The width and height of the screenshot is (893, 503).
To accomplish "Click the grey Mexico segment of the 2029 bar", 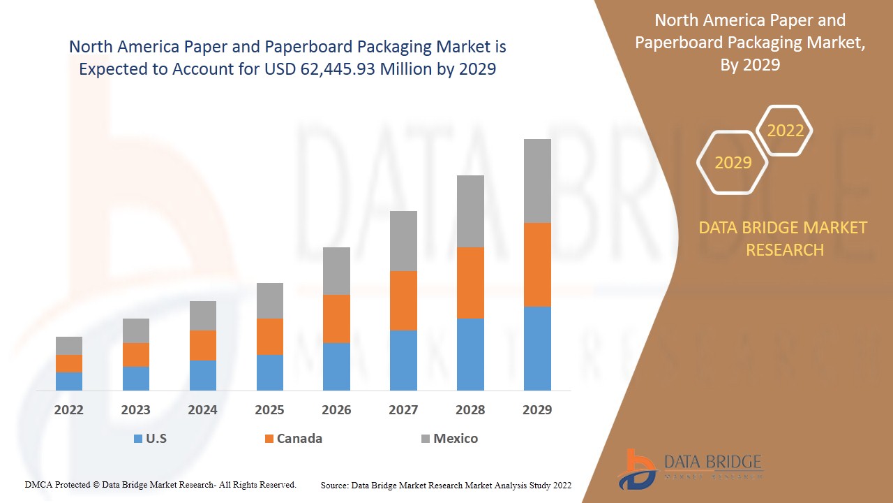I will (537, 181).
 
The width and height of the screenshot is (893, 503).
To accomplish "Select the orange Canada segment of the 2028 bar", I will (470, 283).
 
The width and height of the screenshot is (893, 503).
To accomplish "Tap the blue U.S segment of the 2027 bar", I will (403, 360).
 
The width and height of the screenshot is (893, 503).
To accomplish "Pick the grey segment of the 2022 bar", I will (69, 346).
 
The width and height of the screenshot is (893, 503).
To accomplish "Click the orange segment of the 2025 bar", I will (270, 337).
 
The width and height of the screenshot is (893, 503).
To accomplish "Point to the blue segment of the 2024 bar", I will (203, 375).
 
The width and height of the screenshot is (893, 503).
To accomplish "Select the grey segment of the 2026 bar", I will (336, 271).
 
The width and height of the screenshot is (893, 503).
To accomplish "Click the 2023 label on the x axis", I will (135, 410).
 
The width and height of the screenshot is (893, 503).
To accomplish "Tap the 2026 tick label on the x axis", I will (336, 410).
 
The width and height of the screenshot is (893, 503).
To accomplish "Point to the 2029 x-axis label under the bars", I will (537, 410).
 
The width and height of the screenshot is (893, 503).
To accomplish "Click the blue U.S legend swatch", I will (137, 439).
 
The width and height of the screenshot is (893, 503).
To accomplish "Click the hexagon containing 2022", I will (785, 131).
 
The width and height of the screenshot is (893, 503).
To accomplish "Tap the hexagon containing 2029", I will (733, 163).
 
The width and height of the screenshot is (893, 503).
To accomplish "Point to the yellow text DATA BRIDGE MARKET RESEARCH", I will (784, 238).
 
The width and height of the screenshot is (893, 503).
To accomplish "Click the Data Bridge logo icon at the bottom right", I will (636, 469).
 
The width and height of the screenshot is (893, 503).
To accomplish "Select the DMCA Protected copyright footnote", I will (160, 485).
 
